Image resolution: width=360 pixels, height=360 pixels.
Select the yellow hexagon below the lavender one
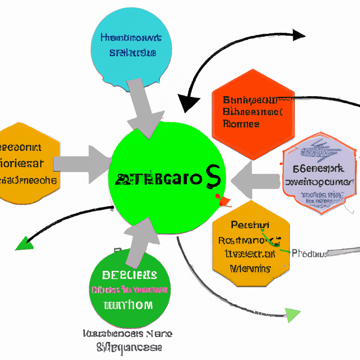point(251,243)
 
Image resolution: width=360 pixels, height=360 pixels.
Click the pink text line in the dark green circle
point(130,290)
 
